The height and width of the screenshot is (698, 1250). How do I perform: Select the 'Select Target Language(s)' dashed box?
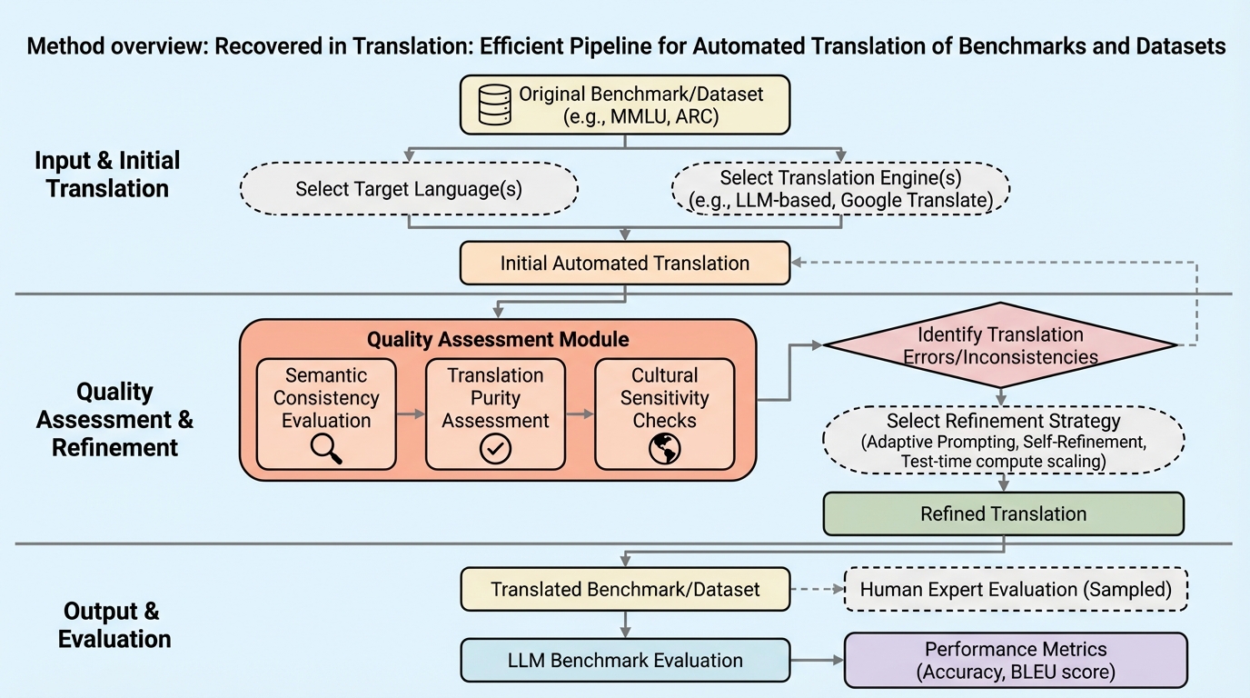click(x=409, y=189)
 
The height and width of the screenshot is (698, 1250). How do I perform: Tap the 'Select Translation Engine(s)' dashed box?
click(x=839, y=189)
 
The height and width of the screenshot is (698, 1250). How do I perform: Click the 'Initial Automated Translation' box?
click(x=624, y=264)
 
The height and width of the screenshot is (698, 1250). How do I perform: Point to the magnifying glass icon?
click(x=326, y=449)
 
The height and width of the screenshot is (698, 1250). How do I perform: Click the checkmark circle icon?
click(x=495, y=449)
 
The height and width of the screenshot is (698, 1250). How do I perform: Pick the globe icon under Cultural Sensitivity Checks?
click(x=665, y=449)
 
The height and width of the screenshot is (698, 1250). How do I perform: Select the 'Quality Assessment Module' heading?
click(x=497, y=340)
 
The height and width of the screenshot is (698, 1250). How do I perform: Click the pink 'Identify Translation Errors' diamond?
click(x=999, y=345)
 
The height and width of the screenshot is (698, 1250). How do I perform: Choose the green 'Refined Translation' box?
click(x=1003, y=514)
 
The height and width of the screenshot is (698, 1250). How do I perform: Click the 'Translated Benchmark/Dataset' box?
click(x=624, y=589)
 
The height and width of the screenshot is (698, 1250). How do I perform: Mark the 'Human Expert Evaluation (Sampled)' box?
click(x=1016, y=590)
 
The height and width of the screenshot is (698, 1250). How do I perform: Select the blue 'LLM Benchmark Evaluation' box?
click(x=624, y=661)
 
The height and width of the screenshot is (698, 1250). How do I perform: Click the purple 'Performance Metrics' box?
click(x=1016, y=661)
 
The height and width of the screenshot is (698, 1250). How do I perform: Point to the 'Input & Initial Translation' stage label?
click(x=107, y=174)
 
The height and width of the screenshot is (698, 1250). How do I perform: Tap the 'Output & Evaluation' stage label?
click(x=114, y=624)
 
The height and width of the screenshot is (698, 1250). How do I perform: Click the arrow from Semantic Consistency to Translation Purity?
click(x=411, y=414)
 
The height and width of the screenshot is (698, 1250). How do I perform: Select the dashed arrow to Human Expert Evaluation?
click(x=816, y=589)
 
